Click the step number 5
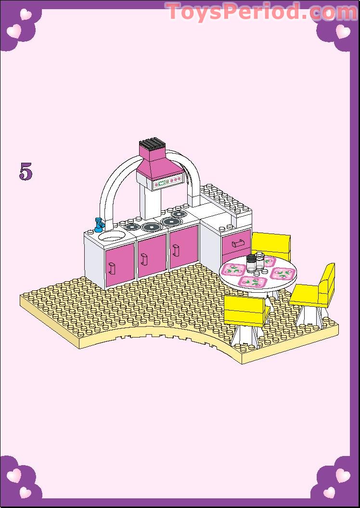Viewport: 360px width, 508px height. click(x=26, y=171)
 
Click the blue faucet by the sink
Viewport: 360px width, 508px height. click(x=99, y=224)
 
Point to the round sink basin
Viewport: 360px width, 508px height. click(x=112, y=236)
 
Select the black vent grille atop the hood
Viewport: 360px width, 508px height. click(x=152, y=143)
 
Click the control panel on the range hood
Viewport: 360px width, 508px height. click(x=167, y=182)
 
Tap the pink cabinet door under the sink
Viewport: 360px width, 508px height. click(x=119, y=264)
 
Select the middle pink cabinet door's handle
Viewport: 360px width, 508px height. click(x=144, y=259)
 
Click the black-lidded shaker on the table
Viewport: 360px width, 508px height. click(x=251, y=262)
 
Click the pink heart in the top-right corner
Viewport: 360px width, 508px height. click(x=343, y=32)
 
